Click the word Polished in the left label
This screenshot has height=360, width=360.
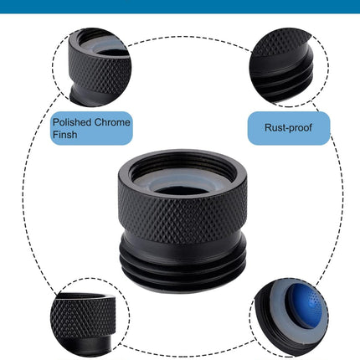pyautogui.click(x=72, y=122)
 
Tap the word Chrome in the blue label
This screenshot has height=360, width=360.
pyautogui.click(x=112, y=122)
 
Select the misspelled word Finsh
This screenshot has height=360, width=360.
pyautogui.click(x=64, y=135)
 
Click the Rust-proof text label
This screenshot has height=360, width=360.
pyautogui.click(x=288, y=128)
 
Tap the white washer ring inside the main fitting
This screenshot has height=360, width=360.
pyautogui.click(x=183, y=182)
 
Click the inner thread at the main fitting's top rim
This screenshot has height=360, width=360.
pyautogui.click(x=183, y=162)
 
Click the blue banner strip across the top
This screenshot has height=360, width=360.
pyautogui.click(x=180, y=6)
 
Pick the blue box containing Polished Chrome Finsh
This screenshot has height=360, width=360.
pyautogui.click(x=91, y=128)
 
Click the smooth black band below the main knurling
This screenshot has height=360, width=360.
pyautogui.click(x=183, y=249)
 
